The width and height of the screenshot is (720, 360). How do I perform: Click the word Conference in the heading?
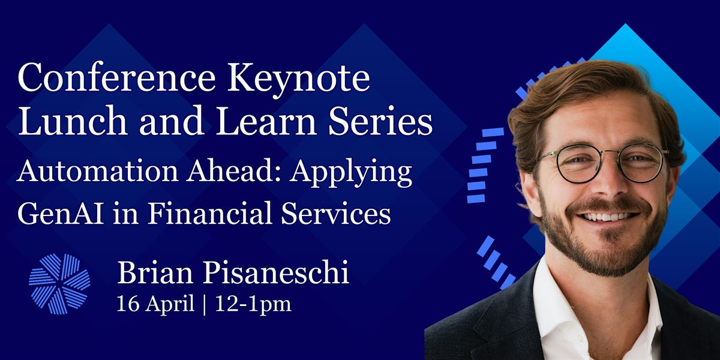(x=116, y=77)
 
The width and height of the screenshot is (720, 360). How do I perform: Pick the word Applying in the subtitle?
(x=350, y=172)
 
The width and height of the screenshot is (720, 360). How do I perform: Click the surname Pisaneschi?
(x=276, y=272)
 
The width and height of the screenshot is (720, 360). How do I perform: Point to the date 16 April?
(x=155, y=304)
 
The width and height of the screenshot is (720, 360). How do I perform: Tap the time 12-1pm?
(x=253, y=304)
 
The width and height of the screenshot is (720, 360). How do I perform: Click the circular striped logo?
(x=59, y=284)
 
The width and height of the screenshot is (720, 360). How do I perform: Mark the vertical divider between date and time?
(x=205, y=304)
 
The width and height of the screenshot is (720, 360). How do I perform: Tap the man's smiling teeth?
(x=607, y=217)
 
